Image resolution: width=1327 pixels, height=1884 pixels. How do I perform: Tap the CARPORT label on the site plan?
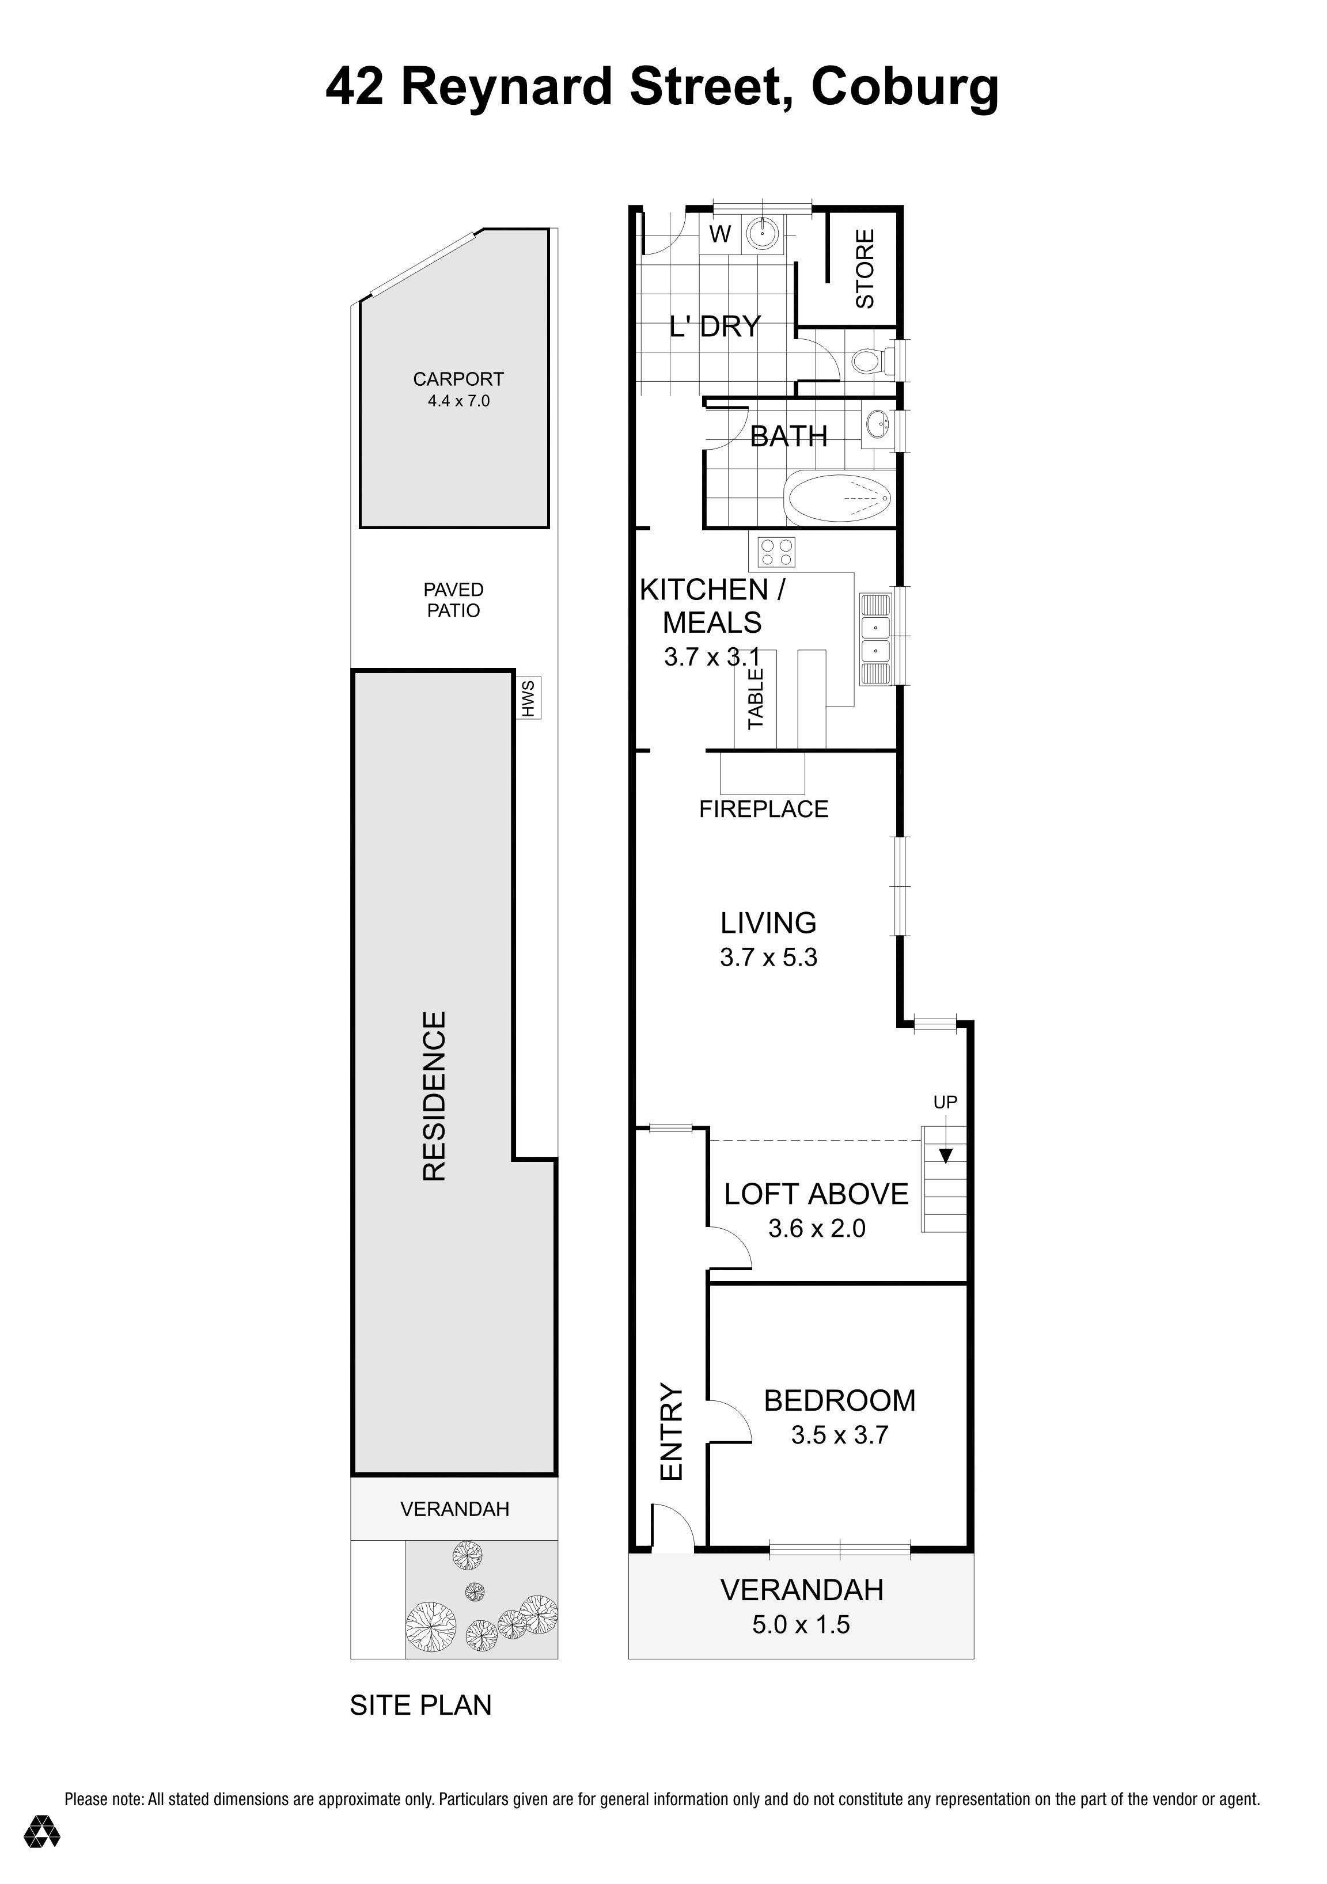point(458,379)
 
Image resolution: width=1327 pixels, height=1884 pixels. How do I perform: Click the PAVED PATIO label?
point(453,600)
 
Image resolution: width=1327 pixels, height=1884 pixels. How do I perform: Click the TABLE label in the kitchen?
point(756,698)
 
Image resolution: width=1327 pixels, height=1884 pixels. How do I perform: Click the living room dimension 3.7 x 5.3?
point(768,958)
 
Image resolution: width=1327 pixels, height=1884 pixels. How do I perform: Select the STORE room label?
point(865,268)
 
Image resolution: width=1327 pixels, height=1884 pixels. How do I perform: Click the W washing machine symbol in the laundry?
point(720,235)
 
